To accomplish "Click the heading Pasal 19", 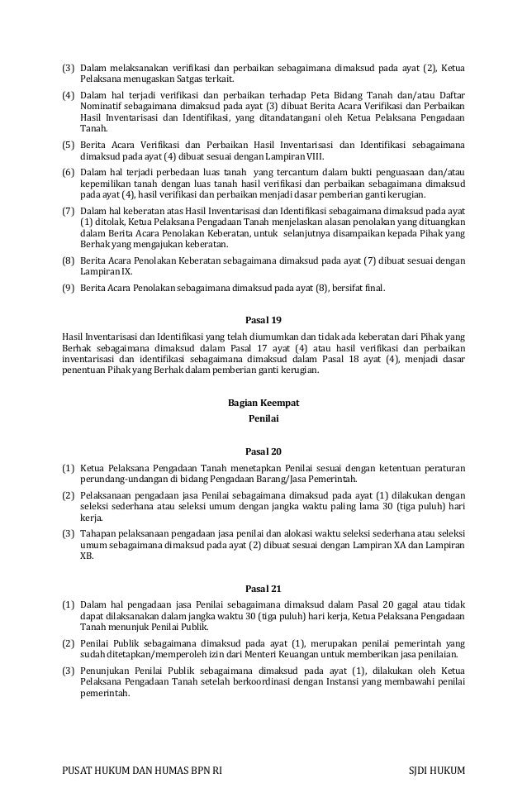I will coord(263,319).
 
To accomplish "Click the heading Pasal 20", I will coord(263,451).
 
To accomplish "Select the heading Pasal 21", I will coord(263,589).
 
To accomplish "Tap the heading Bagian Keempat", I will coord(263,403).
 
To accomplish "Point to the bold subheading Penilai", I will coord(263,419).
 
